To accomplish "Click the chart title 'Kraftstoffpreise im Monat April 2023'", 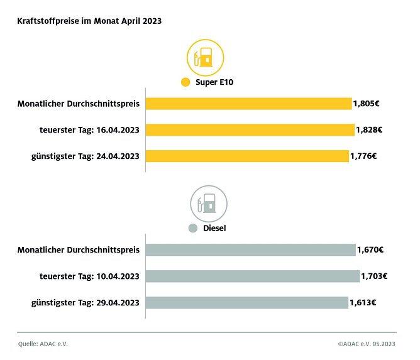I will [x=89, y=21].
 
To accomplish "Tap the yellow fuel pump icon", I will [x=205, y=59].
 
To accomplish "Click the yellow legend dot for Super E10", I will [x=185, y=82].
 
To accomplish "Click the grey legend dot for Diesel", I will [x=193, y=228].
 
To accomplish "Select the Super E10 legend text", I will [x=214, y=82].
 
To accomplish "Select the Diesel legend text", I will [x=214, y=228].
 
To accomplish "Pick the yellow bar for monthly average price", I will [x=248, y=104].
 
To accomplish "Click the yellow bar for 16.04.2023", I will [x=250, y=130].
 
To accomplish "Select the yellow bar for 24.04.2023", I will [x=247, y=156].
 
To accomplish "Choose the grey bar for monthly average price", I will [x=250, y=250].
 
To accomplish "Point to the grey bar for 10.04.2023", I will [x=252, y=276].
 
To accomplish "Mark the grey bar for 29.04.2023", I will [x=246, y=303].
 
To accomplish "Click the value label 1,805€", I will [x=367, y=104].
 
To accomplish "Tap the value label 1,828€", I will [x=369, y=130].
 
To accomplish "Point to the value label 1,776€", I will [x=363, y=156].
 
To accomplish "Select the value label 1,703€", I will [x=374, y=276].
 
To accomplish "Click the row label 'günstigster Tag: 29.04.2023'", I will [x=85, y=303].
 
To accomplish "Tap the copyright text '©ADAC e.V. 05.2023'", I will [x=367, y=344].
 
